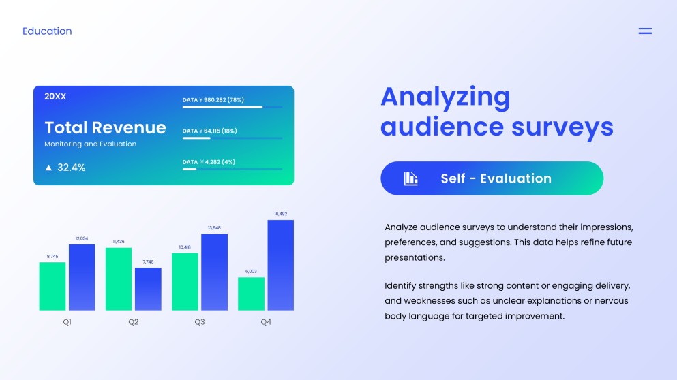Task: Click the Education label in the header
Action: coord(47,31)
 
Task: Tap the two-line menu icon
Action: coord(644,31)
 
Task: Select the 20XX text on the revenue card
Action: coord(55,97)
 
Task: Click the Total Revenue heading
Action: coord(105,127)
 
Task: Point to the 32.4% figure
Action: coord(71,168)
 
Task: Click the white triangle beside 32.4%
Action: coord(48,168)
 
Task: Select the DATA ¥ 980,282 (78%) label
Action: coord(213,100)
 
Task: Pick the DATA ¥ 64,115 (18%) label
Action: coord(209,131)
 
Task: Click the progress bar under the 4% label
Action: coord(232,169)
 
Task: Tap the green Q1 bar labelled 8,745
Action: coord(52,286)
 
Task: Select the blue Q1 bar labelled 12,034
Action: coord(82,277)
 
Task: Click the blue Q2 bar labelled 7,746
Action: coord(148,289)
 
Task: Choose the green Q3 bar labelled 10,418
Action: coord(185,281)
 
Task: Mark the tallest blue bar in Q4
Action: coord(280,265)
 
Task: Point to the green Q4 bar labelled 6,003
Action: coord(251,294)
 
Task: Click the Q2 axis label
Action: coord(133,321)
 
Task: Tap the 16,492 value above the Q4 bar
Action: coord(280,214)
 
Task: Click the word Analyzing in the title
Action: coord(445,97)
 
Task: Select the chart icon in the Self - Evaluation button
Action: coord(410,178)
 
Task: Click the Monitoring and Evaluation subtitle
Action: coord(90,144)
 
